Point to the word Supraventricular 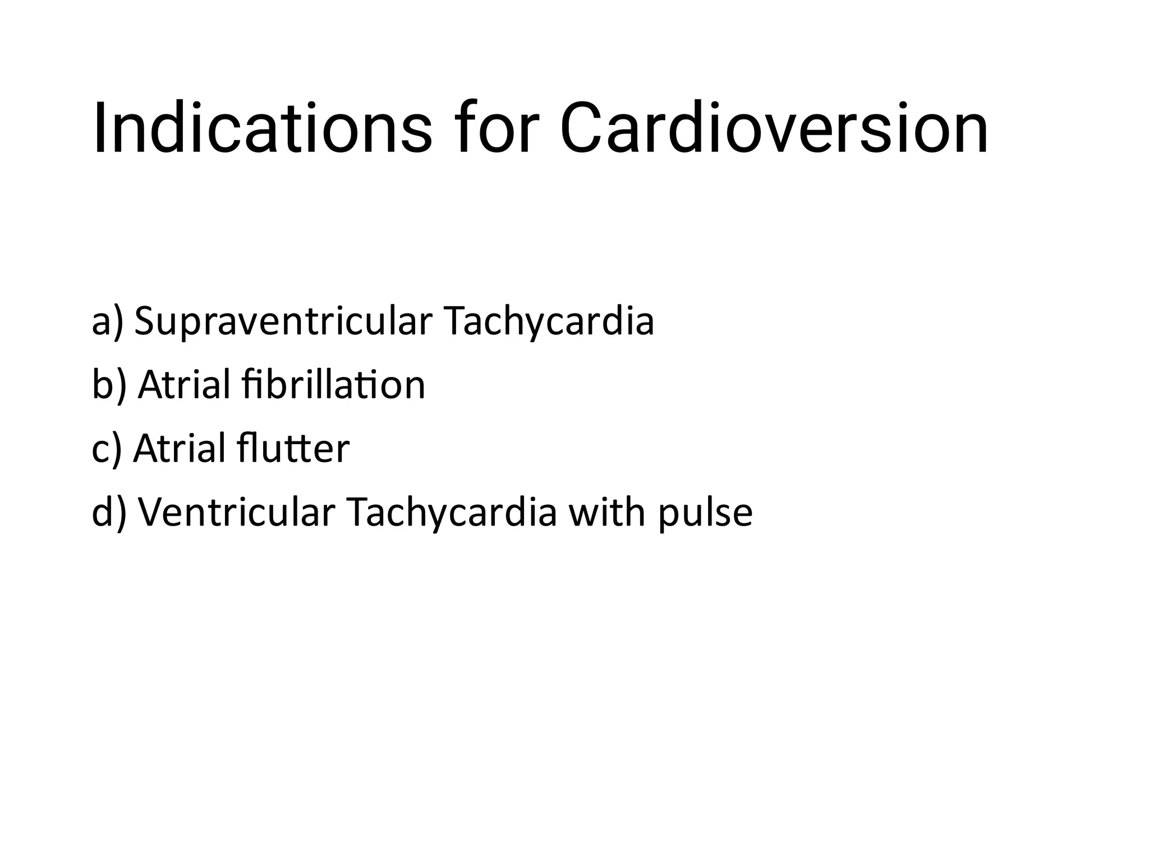click(x=283, y=322)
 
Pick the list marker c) click(x=107, y=449)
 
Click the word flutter click(x=293, y=449)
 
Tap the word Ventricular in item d click(x=236, y=512)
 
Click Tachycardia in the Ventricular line click(x=452, y=512)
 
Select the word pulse click(x=705, y=512)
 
